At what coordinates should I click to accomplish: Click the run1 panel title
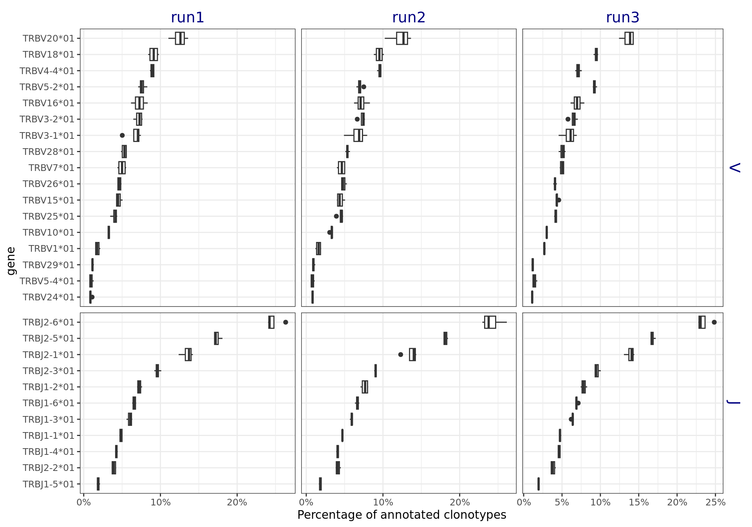(187, 18)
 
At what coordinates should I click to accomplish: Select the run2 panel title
(409, 18)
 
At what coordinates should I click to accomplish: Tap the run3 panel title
(622, 18)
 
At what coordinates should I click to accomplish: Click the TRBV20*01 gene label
(49, 38)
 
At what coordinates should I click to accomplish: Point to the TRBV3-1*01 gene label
(47, 136)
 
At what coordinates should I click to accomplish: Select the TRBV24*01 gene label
(49, 297)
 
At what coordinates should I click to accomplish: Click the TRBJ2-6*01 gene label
(49, 322)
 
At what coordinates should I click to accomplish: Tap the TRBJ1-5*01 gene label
(49, 484)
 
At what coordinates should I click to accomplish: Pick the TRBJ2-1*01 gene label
(49, 355)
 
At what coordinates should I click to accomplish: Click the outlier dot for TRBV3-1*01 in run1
(122, 135)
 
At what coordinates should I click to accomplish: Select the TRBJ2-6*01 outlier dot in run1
(286, 322)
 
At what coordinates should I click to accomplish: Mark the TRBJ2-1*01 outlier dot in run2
(400, 354)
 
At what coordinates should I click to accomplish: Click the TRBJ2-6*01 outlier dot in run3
(714, 322)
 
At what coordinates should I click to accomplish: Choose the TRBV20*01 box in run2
(402, 38)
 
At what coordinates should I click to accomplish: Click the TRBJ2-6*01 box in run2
(490, 322)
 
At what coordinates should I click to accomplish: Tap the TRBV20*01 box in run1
(180, 38)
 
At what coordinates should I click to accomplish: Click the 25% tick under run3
(715, 503)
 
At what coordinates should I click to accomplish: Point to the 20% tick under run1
(237, 503)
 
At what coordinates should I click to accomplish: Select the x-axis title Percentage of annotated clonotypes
(401, 515)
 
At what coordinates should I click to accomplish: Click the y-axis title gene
(11, 261)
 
